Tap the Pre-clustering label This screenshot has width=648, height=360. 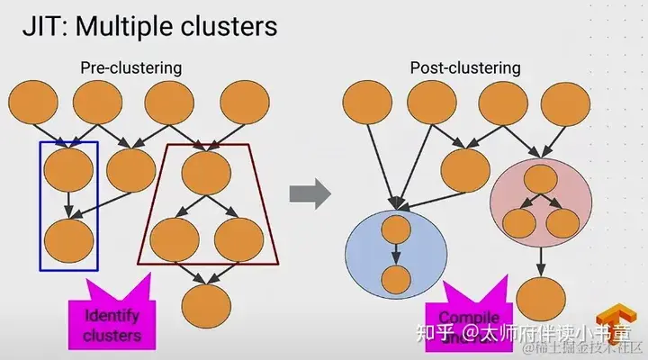131,67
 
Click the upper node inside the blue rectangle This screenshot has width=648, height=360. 68,167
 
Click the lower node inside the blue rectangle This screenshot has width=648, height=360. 68,238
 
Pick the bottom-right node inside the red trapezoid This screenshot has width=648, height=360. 238,238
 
